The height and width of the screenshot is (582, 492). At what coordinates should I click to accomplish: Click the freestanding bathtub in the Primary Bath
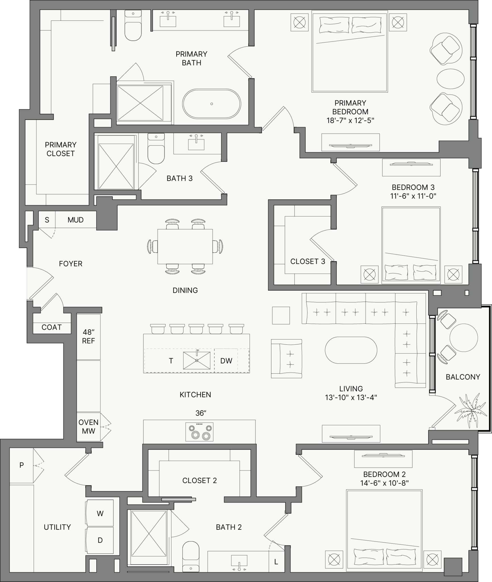pyautogui.click(x=211, y=104)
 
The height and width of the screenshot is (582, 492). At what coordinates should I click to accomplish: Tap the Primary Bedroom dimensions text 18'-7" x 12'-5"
pyautogui.click(x=350, y=120)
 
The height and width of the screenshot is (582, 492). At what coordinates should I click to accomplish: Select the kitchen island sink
pyautogui.click(x=197, y=360)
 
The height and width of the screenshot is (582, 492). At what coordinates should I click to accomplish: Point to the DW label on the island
pyautogui.click(x=226, y=361)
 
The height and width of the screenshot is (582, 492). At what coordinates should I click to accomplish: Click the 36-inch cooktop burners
pyautogui.click(x=199, y=432)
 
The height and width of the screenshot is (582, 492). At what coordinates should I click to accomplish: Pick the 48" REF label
pyautogui.click(x=88, y=336)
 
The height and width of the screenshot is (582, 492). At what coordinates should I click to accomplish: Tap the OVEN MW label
pyautogui.click(x=88, y=427)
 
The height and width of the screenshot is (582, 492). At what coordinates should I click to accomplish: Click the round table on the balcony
pyautogui.click(x=463, y=338)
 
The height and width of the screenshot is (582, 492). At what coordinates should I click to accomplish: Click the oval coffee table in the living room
pyautogui.click(x=351, y=350)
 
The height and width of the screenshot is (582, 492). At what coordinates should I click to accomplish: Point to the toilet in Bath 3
pyautogui.click(x=156, y=149)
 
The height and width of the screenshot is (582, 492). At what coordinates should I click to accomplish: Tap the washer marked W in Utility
pyautogui.click(x=99, y=513)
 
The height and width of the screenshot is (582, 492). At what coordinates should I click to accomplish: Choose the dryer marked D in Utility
pyautogui.click(x=99, y=540)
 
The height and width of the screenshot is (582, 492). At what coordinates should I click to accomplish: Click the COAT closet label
pyautogui.click(x=51, y=327)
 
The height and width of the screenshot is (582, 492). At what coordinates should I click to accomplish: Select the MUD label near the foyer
pyautogui.click(x=75, y=220)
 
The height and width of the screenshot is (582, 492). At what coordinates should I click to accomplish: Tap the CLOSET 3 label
pyautogui.click(x=308, y=261)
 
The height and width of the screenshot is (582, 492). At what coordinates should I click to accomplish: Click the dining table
pyautogui.click(x=185, y=246)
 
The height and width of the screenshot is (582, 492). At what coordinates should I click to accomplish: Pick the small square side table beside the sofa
pyautogui.click(x=281, y=315)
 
